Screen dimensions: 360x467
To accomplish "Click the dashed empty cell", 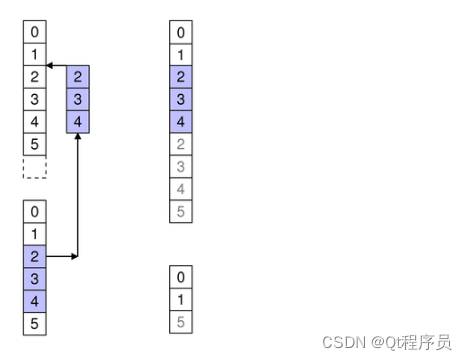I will [x=35, y=167].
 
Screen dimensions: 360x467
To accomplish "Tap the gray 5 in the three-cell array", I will [x=181, y=321].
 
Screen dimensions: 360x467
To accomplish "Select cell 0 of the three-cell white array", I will [x=181, y=277].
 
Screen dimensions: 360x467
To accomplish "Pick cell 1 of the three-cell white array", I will [x=181, y=299].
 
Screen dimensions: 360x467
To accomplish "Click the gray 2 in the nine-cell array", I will [x=181, y=145].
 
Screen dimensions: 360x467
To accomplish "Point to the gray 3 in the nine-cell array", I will [x=181, y=167].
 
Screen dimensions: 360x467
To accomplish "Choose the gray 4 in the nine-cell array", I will [x=181, y=189].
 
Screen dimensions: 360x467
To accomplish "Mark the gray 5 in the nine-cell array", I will [x=181, y=211].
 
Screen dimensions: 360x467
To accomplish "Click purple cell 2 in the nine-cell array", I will [x=181, y=78].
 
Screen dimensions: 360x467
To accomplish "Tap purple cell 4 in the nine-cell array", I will [x=181, y=122].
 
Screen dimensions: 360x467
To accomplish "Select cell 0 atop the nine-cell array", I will [x=181, y=33].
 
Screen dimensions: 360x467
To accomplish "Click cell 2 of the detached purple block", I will [x=79, y=77].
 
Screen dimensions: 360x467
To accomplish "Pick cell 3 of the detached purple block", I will [x=79, y=99].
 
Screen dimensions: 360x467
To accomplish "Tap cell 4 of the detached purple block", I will [x=79, y=121].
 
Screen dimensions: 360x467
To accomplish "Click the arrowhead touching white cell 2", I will [x=50, y=66].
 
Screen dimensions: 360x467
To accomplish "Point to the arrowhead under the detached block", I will [x=79, y=136].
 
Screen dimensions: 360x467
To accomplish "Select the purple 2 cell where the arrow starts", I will [x=35, y=256].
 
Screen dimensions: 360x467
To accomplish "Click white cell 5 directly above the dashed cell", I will [x=35, y=144].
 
